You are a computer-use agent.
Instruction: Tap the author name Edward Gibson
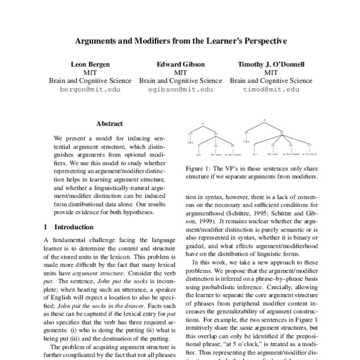coord(181,63)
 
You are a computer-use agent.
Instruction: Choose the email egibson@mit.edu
coord(181,89)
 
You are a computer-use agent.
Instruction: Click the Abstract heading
coord(109,124)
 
